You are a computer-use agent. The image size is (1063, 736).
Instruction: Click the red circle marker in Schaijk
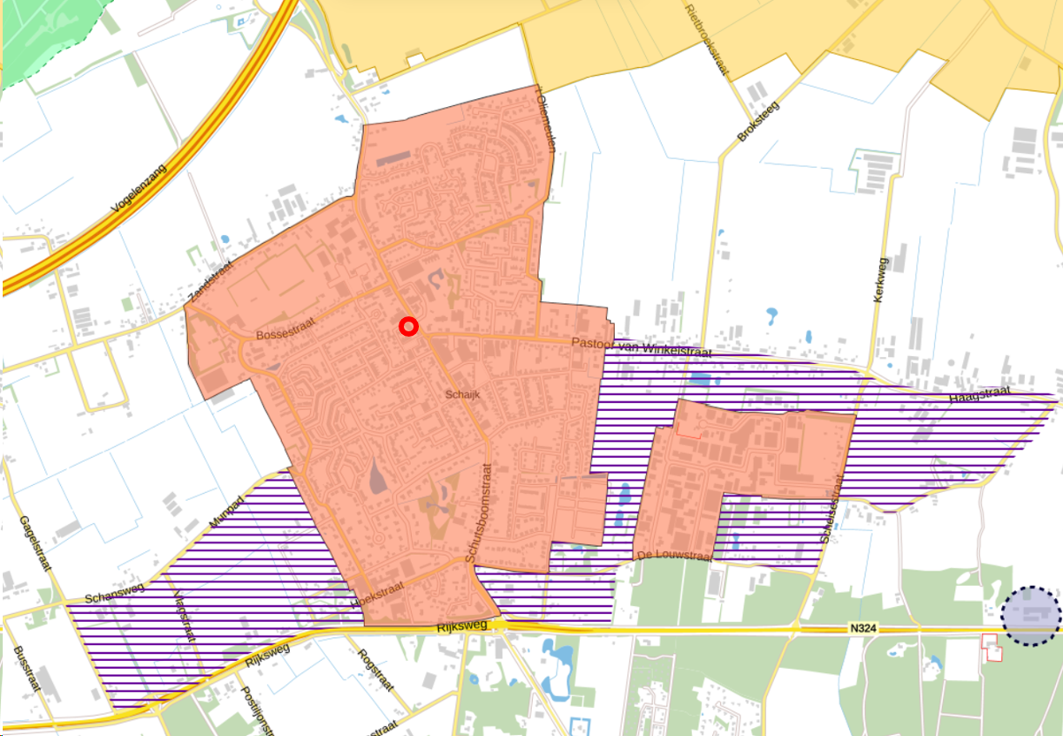point(408,327)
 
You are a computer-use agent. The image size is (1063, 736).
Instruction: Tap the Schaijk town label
point(463,395)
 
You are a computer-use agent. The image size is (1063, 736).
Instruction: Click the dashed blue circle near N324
point(1031,615)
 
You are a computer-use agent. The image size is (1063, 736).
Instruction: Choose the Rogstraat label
point(375,671)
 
